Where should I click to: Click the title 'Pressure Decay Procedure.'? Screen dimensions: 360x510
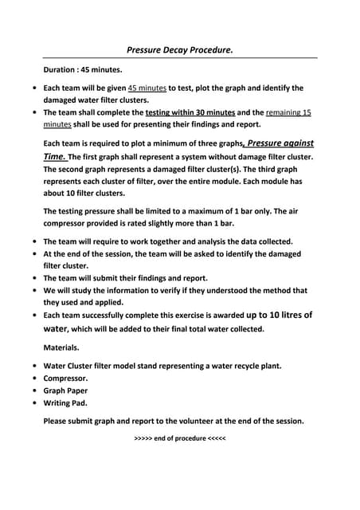(180, 50)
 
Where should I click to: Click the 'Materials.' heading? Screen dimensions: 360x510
(61, 347)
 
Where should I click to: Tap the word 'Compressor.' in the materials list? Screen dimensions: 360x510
(65, 378)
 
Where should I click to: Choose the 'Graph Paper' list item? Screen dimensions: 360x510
(65, 390)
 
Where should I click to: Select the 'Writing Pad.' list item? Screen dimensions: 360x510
(66, 403)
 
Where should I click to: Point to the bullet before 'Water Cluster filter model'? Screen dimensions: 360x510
(33, 366)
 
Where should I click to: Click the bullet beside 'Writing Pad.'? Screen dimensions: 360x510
(33, 403)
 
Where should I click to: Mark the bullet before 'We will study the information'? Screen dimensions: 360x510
(33, 291)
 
